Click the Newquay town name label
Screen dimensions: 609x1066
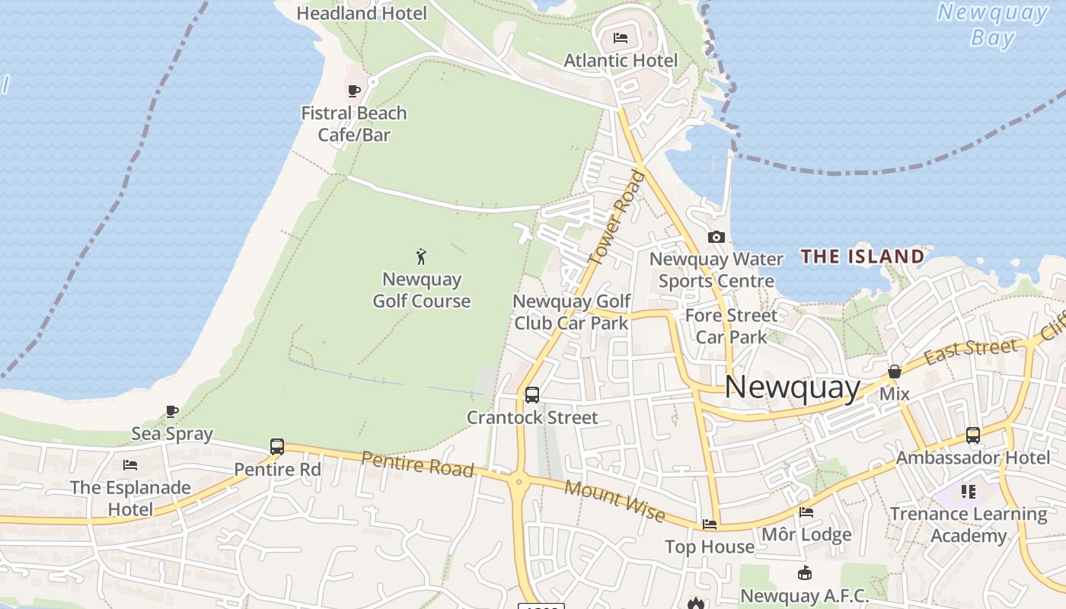792,387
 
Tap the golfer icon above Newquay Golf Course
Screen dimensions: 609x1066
421,257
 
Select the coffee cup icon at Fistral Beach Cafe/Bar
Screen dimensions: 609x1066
354,91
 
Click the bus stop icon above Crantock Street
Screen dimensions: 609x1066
532,395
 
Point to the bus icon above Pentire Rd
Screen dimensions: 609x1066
277,447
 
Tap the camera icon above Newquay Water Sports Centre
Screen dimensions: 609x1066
716,238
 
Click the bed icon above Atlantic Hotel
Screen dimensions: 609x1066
621,38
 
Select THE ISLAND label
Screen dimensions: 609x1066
863,257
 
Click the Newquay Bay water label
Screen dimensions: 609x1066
993,25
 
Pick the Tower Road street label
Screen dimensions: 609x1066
617,218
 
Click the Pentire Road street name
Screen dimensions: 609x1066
417,464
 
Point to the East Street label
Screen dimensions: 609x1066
970,352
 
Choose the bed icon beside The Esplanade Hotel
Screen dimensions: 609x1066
130,465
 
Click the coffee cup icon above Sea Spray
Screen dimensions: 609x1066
173,412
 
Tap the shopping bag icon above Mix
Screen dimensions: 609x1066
895,372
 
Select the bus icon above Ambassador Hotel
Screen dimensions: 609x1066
973,435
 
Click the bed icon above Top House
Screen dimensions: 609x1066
710,525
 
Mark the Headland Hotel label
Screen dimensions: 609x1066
362,13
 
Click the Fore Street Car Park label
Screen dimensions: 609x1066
731,326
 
